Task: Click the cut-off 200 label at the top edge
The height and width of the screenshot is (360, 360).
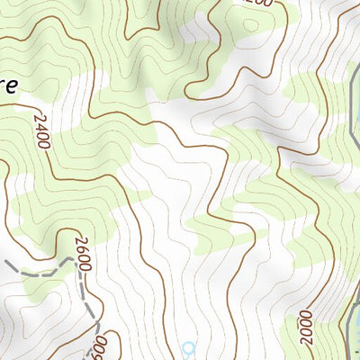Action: click(257, 4)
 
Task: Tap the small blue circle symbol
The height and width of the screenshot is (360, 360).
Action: click(187, 347)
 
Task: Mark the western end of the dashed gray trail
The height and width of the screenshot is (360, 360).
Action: click(4, 261)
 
